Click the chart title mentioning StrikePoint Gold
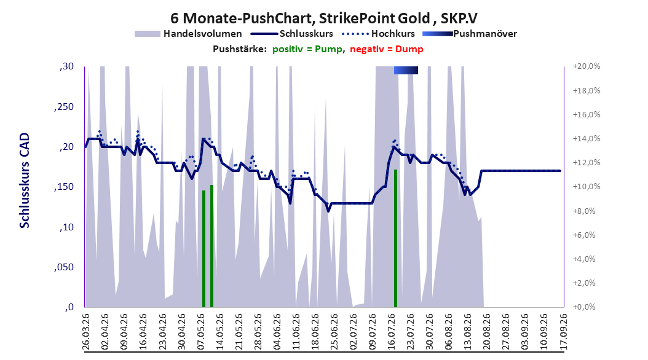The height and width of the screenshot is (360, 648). tap(324, 18)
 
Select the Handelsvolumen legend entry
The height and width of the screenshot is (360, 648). tap(188, 34)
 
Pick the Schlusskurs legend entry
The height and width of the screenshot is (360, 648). tap(292, 34)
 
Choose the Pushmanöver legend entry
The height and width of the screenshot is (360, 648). tap(470, 34)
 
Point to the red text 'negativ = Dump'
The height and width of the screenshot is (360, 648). tap(387, 49)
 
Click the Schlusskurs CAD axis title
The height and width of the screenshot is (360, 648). tap(25, 181)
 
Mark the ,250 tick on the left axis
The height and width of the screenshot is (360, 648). tap(64, 106)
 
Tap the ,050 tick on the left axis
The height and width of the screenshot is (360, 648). tap(64, 267)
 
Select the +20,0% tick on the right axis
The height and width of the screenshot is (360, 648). tap(587, 66)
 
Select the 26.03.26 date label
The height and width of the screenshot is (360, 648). tap(85, 332)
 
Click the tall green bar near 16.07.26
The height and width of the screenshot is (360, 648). tap(395, 238)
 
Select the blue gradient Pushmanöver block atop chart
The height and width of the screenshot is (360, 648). tap(406, 70)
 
